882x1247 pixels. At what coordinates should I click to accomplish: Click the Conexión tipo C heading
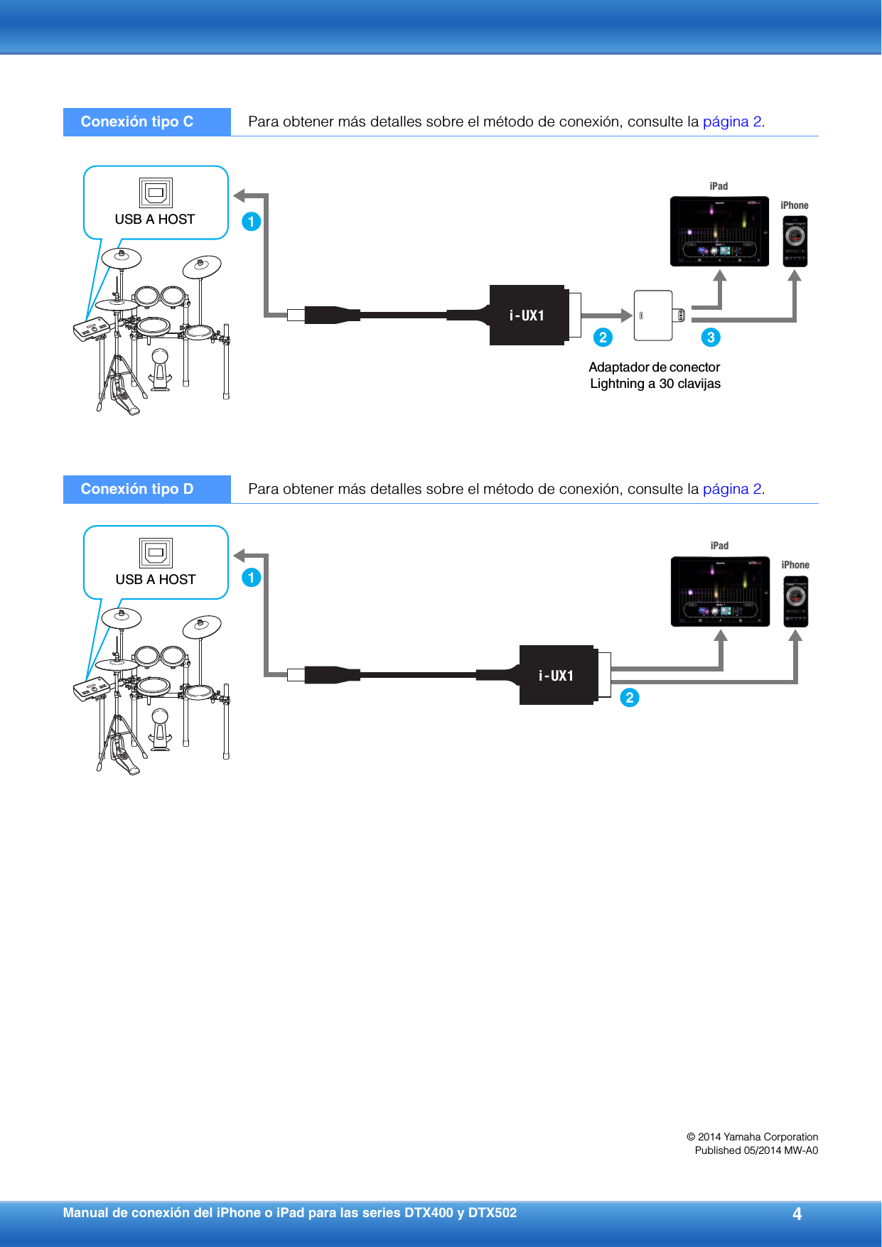tap(137, 122)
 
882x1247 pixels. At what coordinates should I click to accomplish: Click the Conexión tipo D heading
tap(137, 489)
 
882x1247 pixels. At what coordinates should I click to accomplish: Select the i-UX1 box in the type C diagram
tap(527, 315)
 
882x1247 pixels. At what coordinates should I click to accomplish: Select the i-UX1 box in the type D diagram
tap(556, 676)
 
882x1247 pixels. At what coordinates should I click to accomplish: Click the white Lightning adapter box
tap(653, 315)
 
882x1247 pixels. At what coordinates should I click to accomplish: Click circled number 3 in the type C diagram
tap(711, 338)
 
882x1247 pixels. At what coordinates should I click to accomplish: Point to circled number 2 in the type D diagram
tap(630, 698)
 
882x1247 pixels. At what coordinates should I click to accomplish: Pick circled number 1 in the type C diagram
tap(251, 222)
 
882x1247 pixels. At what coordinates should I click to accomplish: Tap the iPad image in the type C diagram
tap(719, 232)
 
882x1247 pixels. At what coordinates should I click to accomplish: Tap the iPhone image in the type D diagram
tap(795, 601)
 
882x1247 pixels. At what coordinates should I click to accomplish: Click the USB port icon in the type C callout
tap(156, 193)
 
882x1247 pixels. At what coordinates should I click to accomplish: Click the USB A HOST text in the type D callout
tap(156, 580)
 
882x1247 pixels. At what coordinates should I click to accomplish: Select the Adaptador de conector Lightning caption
tap(655, 375)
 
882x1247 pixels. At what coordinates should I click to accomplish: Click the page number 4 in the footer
tap(797, 1214)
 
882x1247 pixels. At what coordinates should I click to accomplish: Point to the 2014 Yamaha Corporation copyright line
tap(752, 1137)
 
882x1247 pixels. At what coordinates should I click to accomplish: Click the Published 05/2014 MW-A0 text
tap(756, 1150)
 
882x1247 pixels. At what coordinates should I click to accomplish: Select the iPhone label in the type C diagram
tap(794, 205)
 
